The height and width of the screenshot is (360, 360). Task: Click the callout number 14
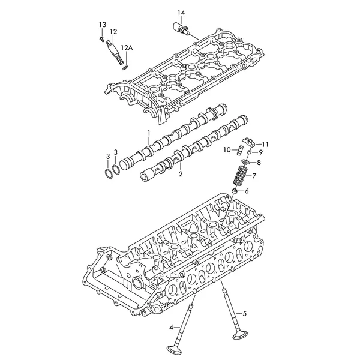(181, 12)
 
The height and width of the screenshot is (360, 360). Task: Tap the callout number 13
(103, 25)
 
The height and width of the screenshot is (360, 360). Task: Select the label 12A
(127, 48)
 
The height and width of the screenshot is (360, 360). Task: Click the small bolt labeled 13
(101, 38)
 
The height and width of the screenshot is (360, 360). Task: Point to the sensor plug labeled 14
(181, 28)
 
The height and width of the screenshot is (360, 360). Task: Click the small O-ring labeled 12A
(125, 67)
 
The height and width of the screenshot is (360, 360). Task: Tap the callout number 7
(254, 176)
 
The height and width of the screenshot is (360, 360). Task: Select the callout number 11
(265, 145)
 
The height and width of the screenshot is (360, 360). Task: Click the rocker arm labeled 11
(249, 142)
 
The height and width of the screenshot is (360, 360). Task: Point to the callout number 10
(227, 150)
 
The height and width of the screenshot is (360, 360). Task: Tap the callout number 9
(260, 152)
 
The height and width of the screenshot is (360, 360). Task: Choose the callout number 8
(259, 163)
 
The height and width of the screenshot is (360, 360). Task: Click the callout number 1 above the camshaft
(149, 133)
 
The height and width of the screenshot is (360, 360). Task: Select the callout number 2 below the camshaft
(181, 174)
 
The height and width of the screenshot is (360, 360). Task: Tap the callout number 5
(245, 313)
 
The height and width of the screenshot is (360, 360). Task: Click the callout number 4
(171, 328)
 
